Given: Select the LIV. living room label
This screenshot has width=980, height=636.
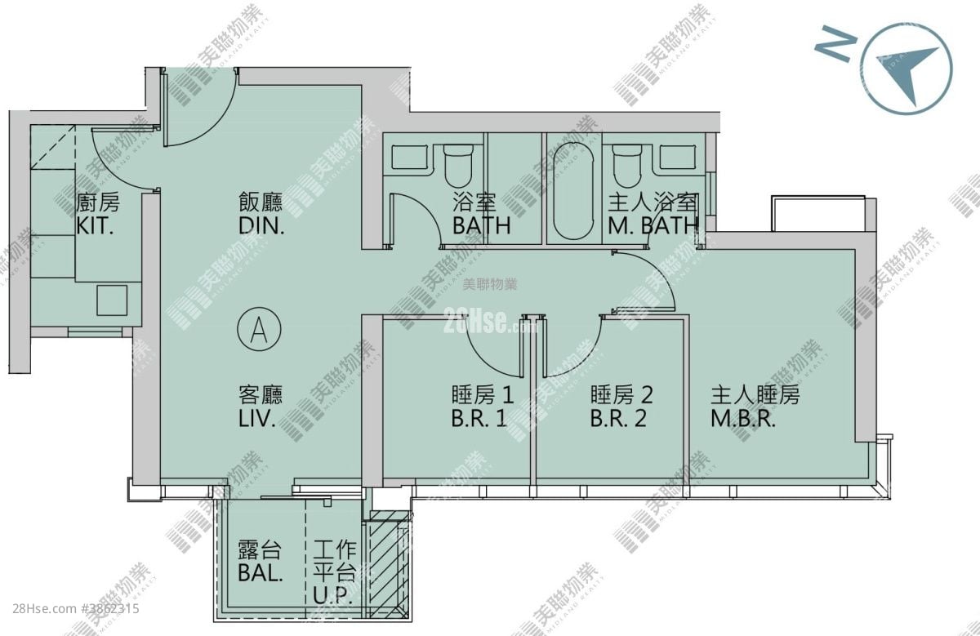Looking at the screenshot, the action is click(x=257, y=418).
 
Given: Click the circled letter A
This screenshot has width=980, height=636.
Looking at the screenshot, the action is click(x=259, y=329).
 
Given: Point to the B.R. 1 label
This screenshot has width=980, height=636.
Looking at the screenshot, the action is click(x=479, y=418).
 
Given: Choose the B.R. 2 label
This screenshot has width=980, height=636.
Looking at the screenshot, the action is click(x=618, y=418).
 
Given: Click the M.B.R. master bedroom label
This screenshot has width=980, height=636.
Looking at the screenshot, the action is click(x=743, y=418).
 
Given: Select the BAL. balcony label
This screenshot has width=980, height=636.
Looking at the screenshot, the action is click(x=261, y=573).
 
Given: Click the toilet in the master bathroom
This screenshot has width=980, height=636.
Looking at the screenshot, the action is click(x=627, y=167).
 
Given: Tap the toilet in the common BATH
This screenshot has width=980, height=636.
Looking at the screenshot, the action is click(x=458, y=167).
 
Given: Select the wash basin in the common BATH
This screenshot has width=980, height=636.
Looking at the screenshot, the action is click(x=409, y=158).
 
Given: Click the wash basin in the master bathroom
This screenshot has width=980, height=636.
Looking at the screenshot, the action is click(x=678, y=158).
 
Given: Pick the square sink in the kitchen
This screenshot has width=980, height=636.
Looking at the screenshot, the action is click(x=112, y=300).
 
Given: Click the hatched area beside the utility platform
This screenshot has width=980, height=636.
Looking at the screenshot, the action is click(x=389, y=564).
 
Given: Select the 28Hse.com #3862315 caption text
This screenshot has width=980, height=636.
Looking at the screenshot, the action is click(x=76, y=608).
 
